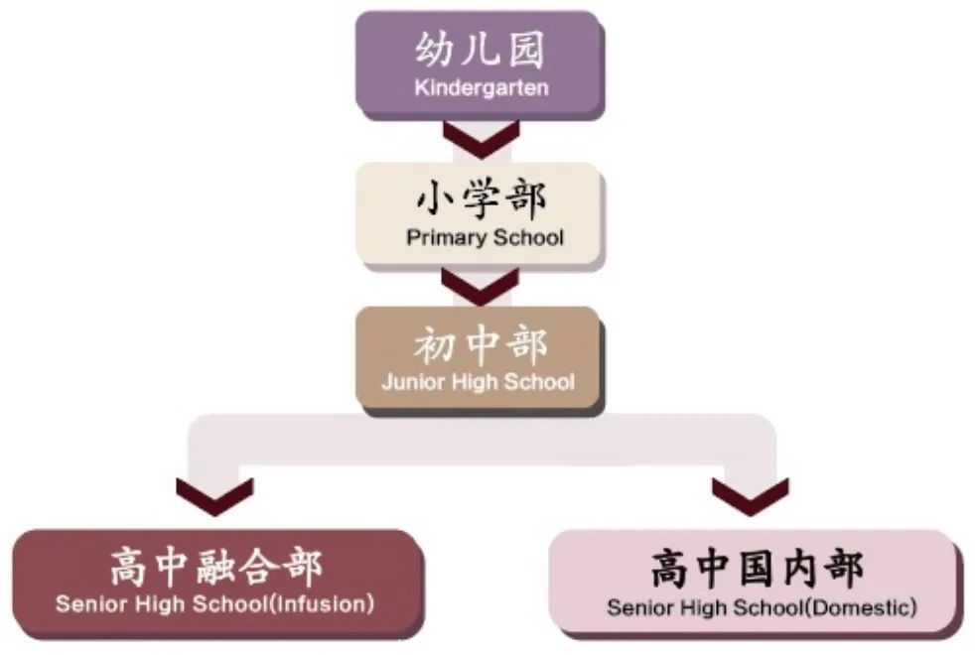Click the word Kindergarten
coord(482,87)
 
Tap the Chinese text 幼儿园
coord(480,49)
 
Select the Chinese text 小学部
coord(482,198)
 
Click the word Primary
coord(447,238)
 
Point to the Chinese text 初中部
coord(481,345)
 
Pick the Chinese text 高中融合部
coord(216,567)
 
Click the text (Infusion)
coord(322,604)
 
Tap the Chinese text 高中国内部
coord(757,568)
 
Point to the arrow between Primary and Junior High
coord(480,287)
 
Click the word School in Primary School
coord(528,237)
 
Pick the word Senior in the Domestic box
coord(643,607)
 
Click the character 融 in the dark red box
coord(215,567)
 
